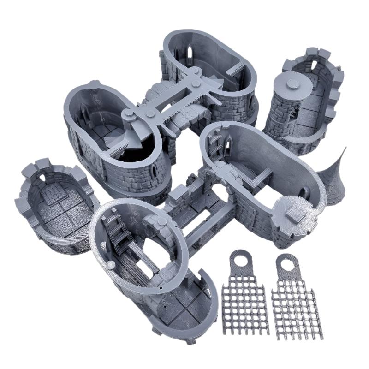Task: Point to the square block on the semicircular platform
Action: [x=293, y=212]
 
